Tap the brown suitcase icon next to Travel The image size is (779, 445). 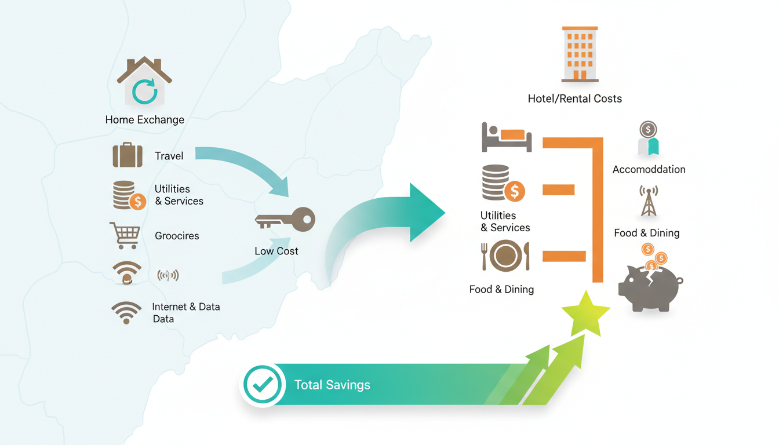tap(128, 155)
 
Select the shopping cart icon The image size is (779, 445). tap(125, 236)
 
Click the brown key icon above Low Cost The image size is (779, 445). tap(285, 221)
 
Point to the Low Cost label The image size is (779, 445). tap(276, 251)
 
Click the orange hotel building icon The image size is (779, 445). tap(580, 53)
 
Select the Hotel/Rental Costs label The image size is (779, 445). tap(574, 99)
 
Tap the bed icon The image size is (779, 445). tap(507, 137)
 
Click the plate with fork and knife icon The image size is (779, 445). tap(505, 256)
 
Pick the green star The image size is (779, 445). tap(585, 313)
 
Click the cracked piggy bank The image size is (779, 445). tap(650, 285)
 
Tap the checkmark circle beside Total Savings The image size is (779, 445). tap(263, 385)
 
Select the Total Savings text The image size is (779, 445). tap(332, 385)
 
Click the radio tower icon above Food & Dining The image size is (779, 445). tap(649, 201)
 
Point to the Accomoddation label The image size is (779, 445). tap(649, 169)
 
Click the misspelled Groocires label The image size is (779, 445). tap(177, 236)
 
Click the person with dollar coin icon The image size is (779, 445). tap(648, 139)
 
